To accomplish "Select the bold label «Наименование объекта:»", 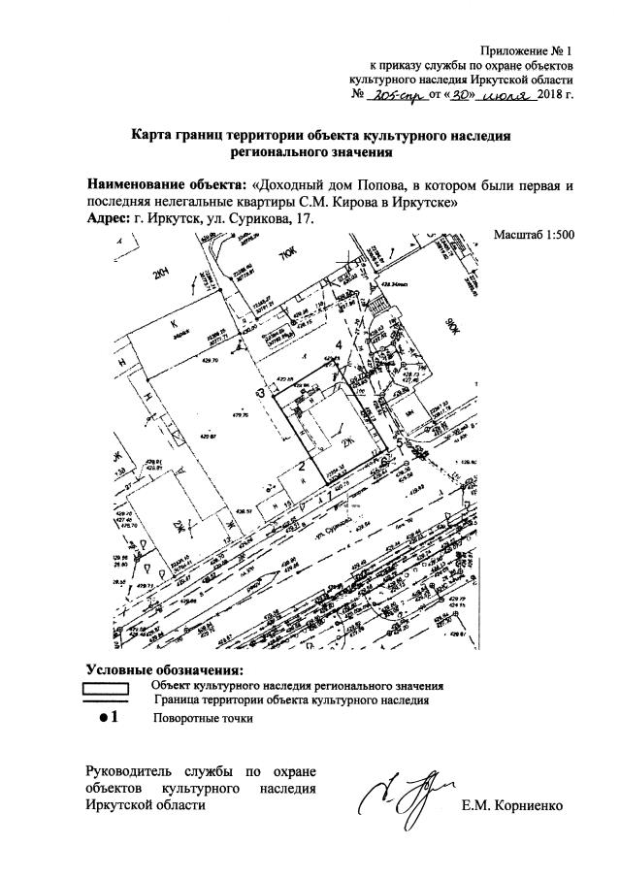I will [166, 183].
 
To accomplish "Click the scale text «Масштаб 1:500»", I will [535, 235].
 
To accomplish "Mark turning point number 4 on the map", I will [339, 345].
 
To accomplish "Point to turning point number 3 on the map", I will [260, 393].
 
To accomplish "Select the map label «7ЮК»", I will [286, 256].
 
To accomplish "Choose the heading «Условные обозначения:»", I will [165, 669].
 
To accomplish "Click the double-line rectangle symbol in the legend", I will [108, 692].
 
